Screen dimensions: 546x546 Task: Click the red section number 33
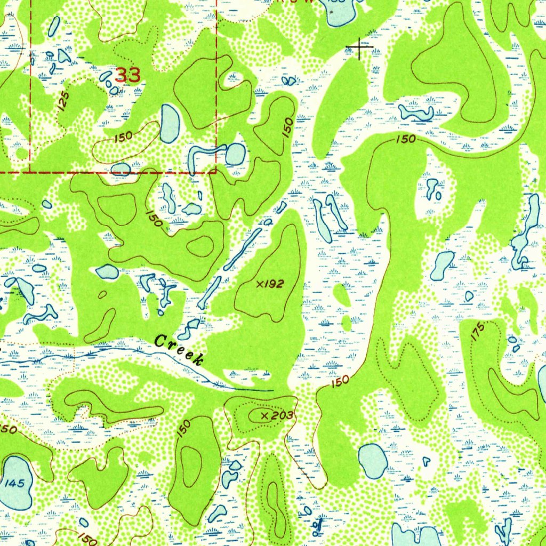[128, 75]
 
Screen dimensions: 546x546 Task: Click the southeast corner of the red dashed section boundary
[216, 172]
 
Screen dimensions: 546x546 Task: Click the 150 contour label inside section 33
[123, 137]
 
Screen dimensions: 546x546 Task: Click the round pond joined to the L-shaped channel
[235, 155]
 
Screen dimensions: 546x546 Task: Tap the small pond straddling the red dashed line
[121, 169]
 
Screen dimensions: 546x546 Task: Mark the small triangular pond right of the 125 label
[65, 55]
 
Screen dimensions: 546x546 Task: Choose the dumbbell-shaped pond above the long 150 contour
[416, 113]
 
